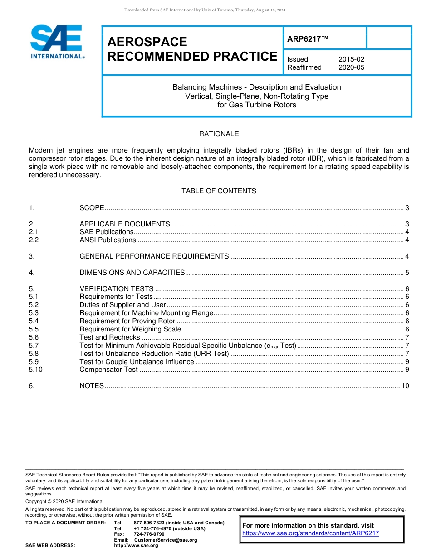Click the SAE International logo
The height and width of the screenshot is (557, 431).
(56, 42)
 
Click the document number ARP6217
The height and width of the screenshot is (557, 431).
(307, 39)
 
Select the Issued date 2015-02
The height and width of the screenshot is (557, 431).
(351, 59)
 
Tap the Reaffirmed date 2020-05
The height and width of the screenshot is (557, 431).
(351, 67)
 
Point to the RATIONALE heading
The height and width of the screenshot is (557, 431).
(219, 134)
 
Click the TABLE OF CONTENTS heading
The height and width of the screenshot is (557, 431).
(219, 191)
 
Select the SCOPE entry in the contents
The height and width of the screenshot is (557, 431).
(92, 208)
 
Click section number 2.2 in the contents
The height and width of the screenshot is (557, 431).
(34, 240)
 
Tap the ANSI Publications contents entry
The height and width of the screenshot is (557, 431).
(108, 240)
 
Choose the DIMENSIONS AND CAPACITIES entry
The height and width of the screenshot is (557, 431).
(132, 273)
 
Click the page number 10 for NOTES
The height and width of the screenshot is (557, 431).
(405, 386)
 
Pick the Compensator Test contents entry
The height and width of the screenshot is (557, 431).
(108, 370)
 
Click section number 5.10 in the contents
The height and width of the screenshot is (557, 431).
(35, 370)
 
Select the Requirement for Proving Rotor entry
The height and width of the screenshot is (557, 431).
(127, 321)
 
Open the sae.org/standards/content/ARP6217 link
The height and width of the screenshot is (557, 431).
(310, 533)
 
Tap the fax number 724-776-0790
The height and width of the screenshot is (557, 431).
(149, 534)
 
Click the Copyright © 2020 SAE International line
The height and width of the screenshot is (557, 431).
(64, 501)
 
